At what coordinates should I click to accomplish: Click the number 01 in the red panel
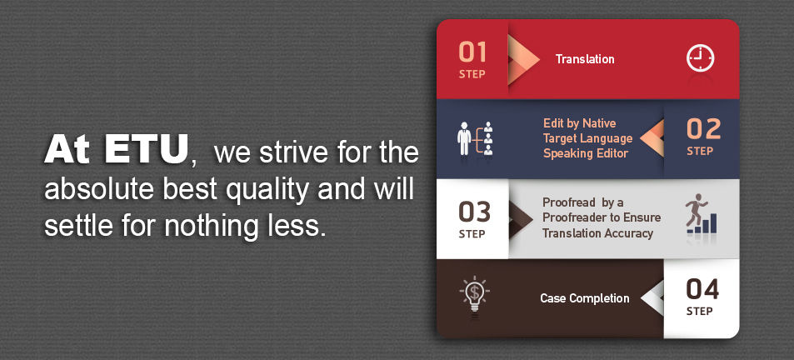[472, 52]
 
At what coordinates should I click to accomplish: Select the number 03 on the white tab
[474, 212]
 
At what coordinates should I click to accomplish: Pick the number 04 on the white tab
[702, 290]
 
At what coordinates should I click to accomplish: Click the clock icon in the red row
[700, 58]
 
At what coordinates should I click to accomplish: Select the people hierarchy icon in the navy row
[474, 137]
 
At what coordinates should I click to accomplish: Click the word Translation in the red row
[585, 59]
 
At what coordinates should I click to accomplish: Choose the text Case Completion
[585, 298]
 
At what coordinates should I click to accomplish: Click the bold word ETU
[147, 149]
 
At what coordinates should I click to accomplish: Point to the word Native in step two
[599, 123]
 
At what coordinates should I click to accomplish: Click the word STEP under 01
[472, 74]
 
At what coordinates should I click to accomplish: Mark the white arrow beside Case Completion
[652, 297]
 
